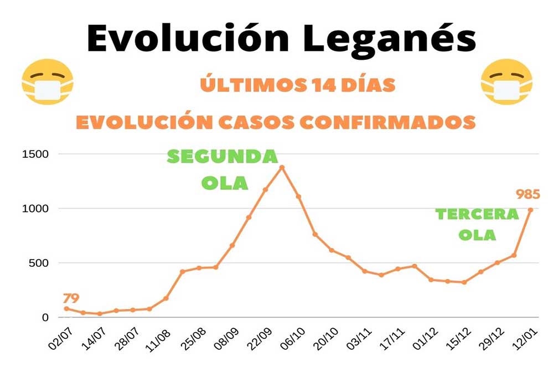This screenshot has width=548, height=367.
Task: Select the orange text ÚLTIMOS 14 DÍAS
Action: tap(298, 85)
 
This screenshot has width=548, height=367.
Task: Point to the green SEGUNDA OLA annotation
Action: tap(223, 169)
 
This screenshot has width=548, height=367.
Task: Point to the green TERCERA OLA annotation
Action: tap(477, 224)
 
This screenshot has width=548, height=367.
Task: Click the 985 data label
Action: tap(528, 194)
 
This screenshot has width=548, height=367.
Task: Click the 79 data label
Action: tap(71, 299)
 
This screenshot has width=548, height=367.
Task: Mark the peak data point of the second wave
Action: tap(282, 167)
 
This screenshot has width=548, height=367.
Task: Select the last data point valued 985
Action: tap(530, 210)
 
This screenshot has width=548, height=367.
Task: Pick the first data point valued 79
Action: tap(67, 309)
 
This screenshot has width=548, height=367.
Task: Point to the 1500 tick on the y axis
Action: tap(35, 154)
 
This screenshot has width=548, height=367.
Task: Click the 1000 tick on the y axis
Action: tap(35, 208)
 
